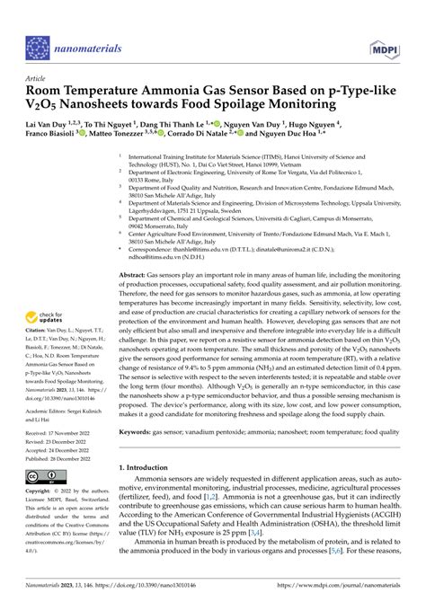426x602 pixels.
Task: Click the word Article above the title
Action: [37, 78]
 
